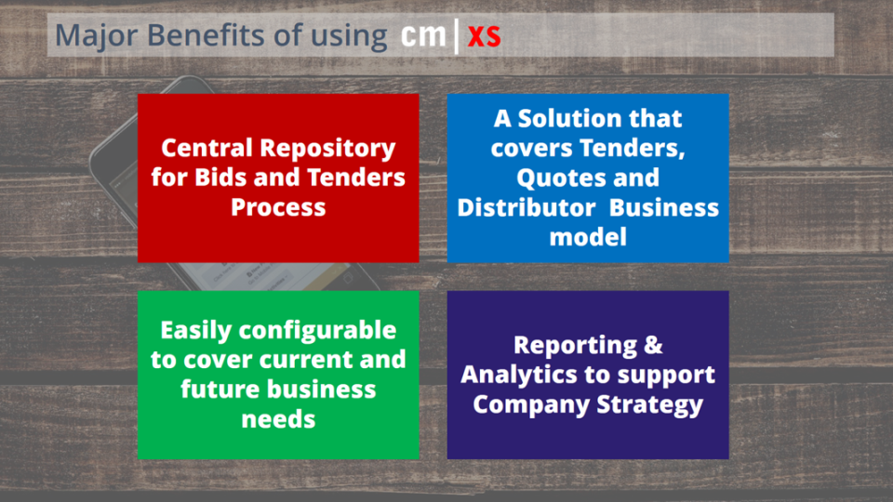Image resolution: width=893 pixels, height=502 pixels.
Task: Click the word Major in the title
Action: [96, 36]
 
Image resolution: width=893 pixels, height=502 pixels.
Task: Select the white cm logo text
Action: [423, 34]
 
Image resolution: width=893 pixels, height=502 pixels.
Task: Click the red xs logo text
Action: [484, 36]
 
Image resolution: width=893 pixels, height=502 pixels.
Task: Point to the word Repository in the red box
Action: [327, 149]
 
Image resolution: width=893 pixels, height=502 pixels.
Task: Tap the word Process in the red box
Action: [278, 206]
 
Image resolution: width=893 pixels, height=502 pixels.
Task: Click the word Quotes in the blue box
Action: [553, 178]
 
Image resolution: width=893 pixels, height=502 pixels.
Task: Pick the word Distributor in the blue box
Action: [526, 207]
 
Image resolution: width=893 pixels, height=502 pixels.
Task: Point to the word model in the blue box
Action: [588, 237]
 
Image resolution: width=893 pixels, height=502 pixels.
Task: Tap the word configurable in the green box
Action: [317, 331]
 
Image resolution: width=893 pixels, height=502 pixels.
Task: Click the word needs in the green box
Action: [278, 419]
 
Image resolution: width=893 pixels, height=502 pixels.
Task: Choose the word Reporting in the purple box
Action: [575, 346]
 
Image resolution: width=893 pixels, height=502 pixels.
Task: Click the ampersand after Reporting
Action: [654, 346]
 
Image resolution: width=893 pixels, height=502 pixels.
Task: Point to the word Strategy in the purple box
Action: [650, 405]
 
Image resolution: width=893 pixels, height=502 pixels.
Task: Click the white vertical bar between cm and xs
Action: [457, 36]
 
